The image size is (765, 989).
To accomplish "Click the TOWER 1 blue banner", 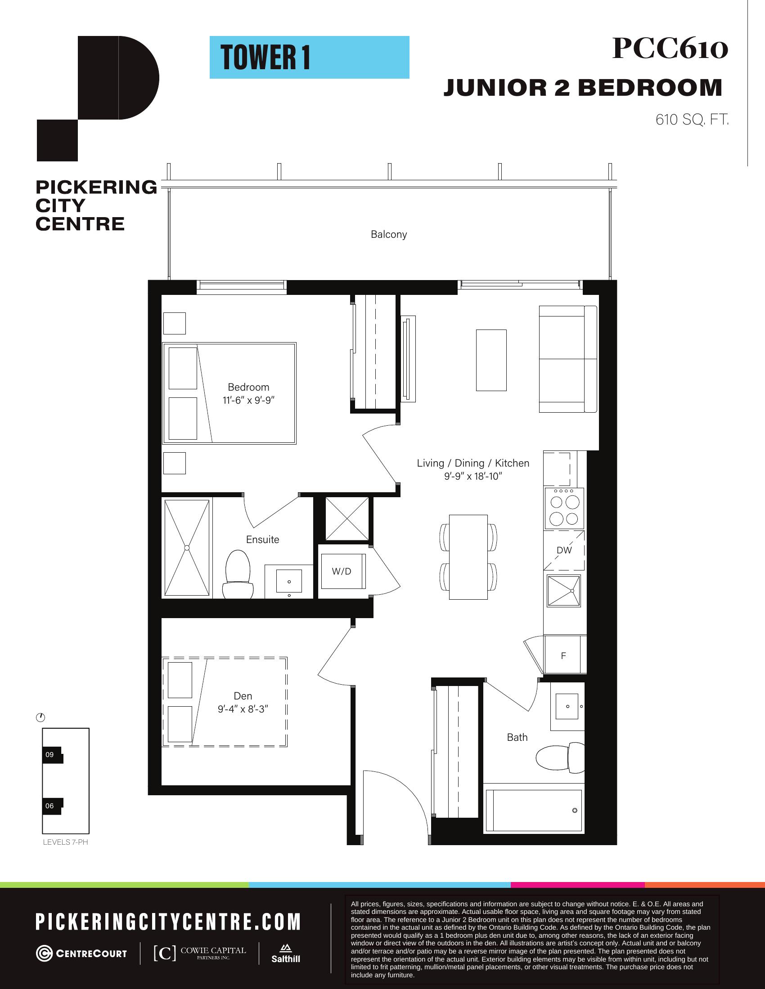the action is pyautogui.click(x=309, y=58).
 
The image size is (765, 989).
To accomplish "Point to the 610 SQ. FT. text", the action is pyautogui.click(x=692, y=120).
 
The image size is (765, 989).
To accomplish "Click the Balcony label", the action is pyautogui.click(x=389, y=235).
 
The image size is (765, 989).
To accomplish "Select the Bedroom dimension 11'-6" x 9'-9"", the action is pyautogui.click(x=249, y=400).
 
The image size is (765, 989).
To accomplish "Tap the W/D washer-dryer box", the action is pyautogui.click(x=342, y=571).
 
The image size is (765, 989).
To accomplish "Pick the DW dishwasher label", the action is pyautogui.click(x=564, y=550).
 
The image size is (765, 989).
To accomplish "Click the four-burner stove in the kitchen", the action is pyautogui.click(x=564, y=508).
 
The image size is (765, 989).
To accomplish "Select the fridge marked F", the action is pyautogui.click(x=564, y=655).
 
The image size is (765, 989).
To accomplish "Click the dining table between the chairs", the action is pyautogui.click(x=468, y=557).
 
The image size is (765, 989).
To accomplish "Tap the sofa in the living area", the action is pyautogui.click(x=568, y=359).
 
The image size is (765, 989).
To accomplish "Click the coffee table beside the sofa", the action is pyautogui.click(x=491, y=360).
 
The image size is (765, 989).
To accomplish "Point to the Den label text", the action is pyautogui.click(x=243, y=696).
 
